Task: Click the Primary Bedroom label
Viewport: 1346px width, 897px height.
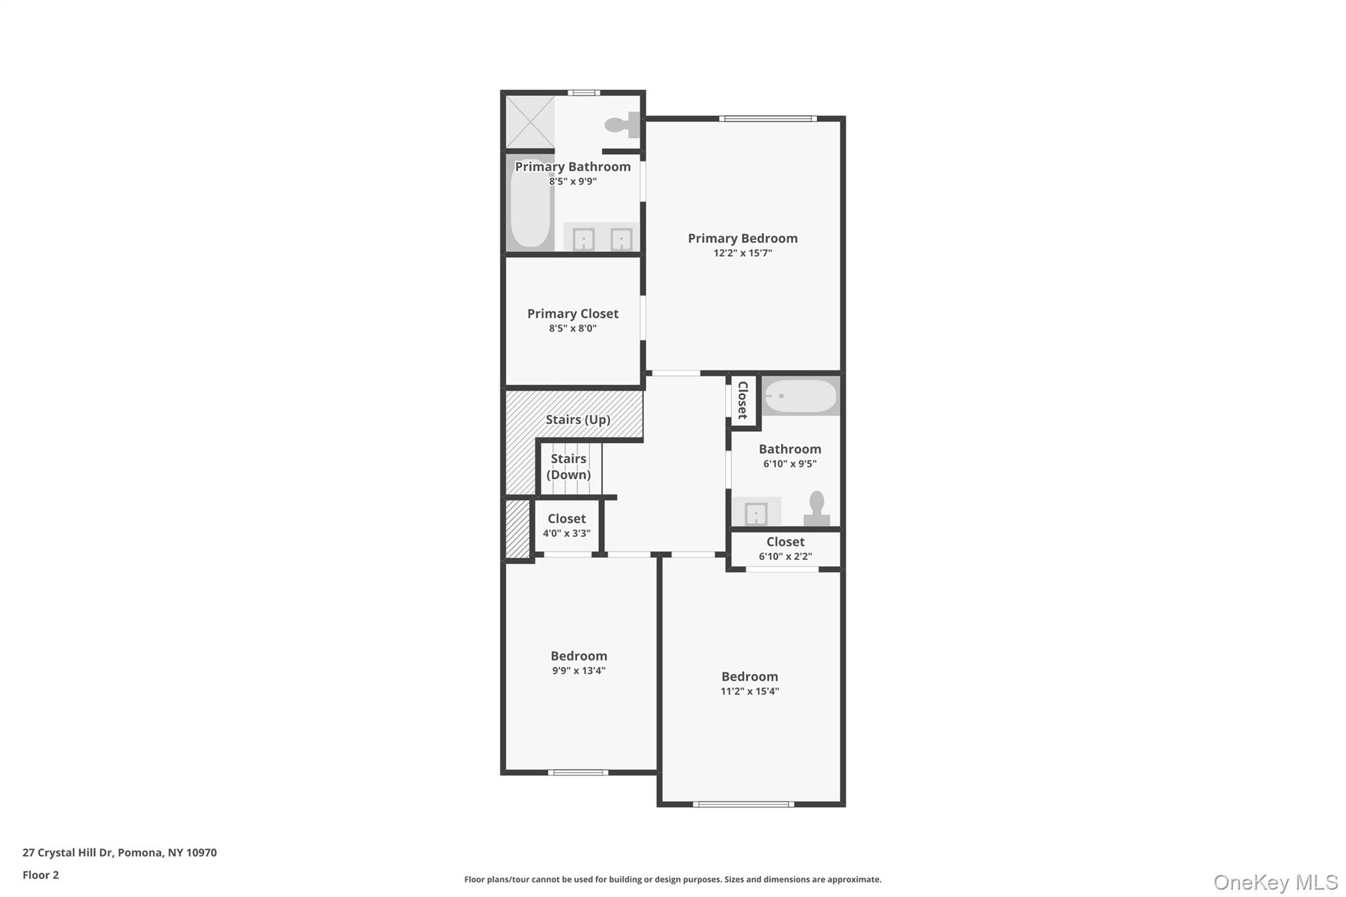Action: tap(743, 238)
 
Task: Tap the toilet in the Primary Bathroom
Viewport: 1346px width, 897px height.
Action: tap(622, 124)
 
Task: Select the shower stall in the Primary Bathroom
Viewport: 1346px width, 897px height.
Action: tap(530, 122)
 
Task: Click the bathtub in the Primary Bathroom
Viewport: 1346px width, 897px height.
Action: tap(530, 204)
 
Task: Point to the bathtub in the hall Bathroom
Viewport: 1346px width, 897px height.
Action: tap(801, 396)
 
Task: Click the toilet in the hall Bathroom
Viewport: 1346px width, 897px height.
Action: tap(816, 509)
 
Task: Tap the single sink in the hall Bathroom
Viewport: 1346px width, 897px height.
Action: tap(756, 513)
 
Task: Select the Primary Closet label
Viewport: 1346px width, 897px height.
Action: tap(572, 313)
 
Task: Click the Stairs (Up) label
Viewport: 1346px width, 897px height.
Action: tap(578, 419)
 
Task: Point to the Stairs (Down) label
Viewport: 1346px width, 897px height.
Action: tap(569, 466)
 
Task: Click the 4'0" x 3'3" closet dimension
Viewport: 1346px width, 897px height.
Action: tap(567, 534)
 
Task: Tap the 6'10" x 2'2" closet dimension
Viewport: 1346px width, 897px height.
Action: tap(785, 557)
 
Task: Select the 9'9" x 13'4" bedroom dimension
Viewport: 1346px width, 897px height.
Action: tap(578, 671)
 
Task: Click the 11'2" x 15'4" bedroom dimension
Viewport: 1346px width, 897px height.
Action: tap(749, 691)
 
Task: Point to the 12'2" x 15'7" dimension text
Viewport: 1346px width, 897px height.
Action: tap(743, 253)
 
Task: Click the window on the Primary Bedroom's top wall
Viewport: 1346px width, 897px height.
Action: tap(768, 119)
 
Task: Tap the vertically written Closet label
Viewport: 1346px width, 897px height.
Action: tap(743, 400)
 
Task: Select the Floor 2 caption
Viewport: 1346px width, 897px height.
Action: tap(41, 875)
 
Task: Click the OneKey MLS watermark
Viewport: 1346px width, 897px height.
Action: tap(1275, 882)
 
